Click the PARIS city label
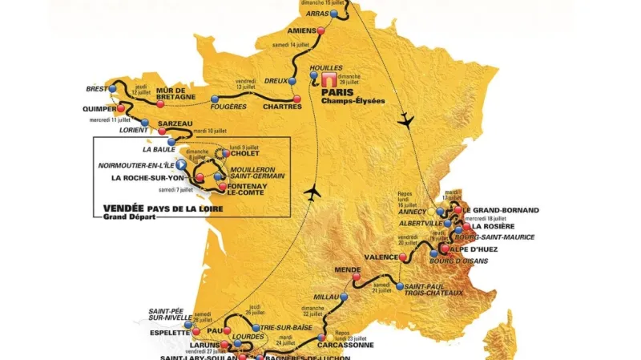pos(336,91)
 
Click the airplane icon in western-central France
pos(313,192)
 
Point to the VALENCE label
pos(381,257)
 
